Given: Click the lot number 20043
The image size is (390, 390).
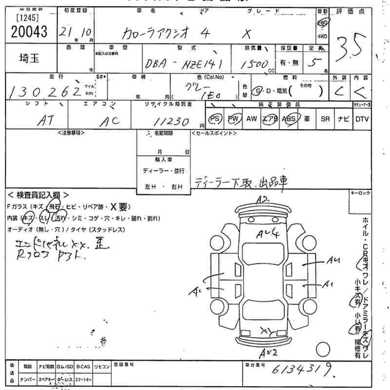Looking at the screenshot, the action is pos(29,32).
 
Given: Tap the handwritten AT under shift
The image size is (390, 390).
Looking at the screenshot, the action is pos(45,121).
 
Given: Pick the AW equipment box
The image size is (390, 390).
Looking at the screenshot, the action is pos(252,119).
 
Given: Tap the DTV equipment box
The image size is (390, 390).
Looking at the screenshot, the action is pos(362,119).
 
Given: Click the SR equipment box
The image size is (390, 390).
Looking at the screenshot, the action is pos(325,119).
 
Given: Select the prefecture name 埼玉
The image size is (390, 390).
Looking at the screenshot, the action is pos(29,58).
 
